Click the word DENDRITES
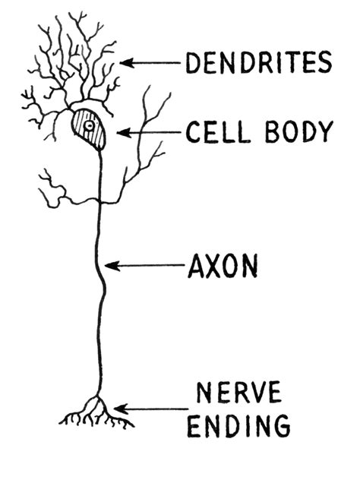pos(259,63)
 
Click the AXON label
pos(223,266)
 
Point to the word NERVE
pos(238,393)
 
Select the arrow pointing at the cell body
pos(147,133)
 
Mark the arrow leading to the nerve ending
pos(149,410)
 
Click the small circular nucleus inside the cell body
pos(88,125)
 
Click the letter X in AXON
pos(213,266)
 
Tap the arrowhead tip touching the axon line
pos(107,266)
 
